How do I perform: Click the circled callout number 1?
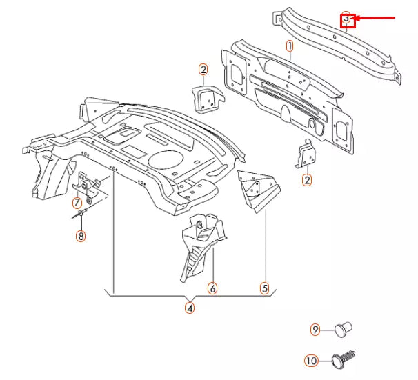290,46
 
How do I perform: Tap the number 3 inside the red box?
348,21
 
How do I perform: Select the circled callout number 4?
190,308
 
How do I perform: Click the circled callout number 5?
264,288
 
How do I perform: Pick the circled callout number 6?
212,288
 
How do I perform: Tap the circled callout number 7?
78,203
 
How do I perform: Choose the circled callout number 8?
81,237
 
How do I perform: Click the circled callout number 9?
315,330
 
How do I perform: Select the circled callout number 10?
310,359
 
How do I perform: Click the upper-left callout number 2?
203,69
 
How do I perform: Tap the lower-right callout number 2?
306,181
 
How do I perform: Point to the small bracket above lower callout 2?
306,154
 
